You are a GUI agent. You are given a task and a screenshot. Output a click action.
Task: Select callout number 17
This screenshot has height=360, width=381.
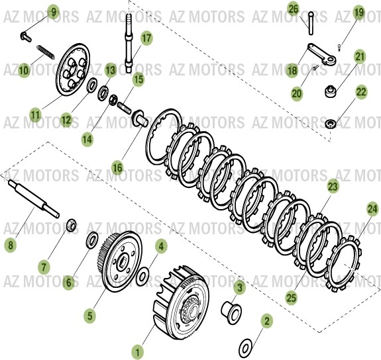[146, 38]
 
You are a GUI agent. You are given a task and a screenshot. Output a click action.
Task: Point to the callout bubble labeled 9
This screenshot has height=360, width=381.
[54, 11]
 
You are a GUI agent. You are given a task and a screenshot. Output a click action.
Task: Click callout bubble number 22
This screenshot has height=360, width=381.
[361, 93]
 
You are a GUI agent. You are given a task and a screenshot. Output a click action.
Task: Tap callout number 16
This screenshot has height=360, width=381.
[117, 168]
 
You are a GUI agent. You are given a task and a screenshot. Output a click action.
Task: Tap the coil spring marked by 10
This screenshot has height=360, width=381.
[43, 51]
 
